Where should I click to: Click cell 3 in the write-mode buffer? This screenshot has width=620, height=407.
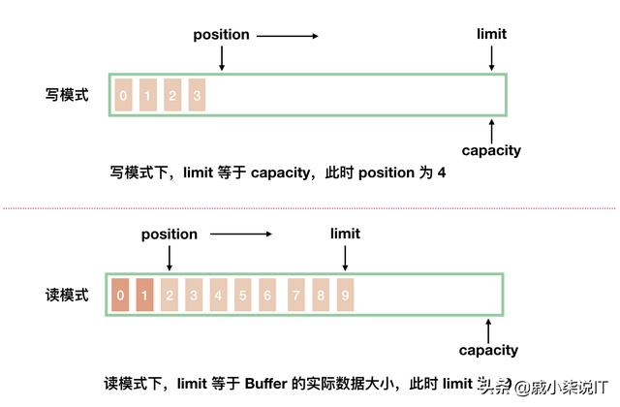pos(198,95)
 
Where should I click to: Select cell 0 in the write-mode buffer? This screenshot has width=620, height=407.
pos(123,95)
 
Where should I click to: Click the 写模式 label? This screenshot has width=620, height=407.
pos(67,95)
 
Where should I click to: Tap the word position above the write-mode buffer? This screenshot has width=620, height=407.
pos(221,35)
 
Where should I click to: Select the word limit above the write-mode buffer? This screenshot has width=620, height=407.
pos(491,35)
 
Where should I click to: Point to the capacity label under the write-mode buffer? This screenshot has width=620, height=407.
pos(491,150)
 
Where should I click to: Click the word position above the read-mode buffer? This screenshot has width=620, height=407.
pos(170,234)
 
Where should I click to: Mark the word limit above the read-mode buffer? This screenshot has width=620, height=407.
pos(345,234)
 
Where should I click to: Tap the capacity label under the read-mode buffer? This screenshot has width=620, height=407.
pos(488,350)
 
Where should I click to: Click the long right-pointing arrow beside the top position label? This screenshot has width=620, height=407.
pos(287,36)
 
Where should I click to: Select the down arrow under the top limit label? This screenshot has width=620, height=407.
pos(492,57)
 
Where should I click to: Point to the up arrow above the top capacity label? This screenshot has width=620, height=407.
pos(492,130)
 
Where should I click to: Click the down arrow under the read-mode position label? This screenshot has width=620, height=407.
pos(170,257)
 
